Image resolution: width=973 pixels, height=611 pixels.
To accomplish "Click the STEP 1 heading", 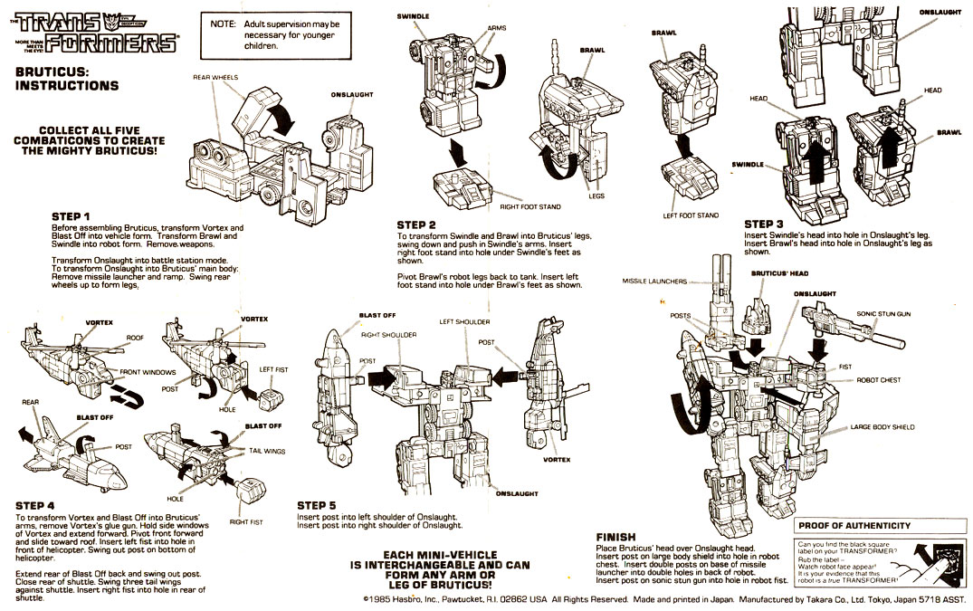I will click(72, 216).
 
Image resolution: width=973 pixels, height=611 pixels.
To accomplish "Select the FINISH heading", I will click(615, 537).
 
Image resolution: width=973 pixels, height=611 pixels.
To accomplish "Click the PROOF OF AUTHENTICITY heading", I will click(854, 525).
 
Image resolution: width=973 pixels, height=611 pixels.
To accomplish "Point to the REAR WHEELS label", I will click(215, 78).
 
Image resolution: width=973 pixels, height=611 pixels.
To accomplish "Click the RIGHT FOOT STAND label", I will click(524, 207).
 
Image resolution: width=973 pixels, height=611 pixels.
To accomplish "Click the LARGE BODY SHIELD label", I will click(882, 426).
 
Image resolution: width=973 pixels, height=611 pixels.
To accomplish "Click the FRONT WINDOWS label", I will click(147, 372).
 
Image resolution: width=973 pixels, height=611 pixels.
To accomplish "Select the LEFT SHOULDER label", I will click(464, 321).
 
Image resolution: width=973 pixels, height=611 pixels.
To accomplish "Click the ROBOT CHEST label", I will click(878, 380).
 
